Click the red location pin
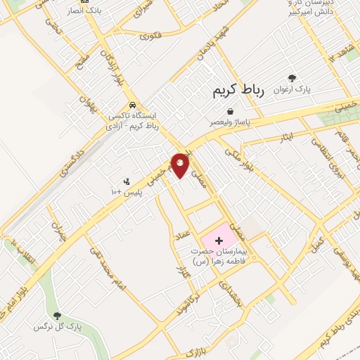click(181, 164)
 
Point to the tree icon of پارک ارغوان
click(291, 79)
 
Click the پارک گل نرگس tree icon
click(57, 317)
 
